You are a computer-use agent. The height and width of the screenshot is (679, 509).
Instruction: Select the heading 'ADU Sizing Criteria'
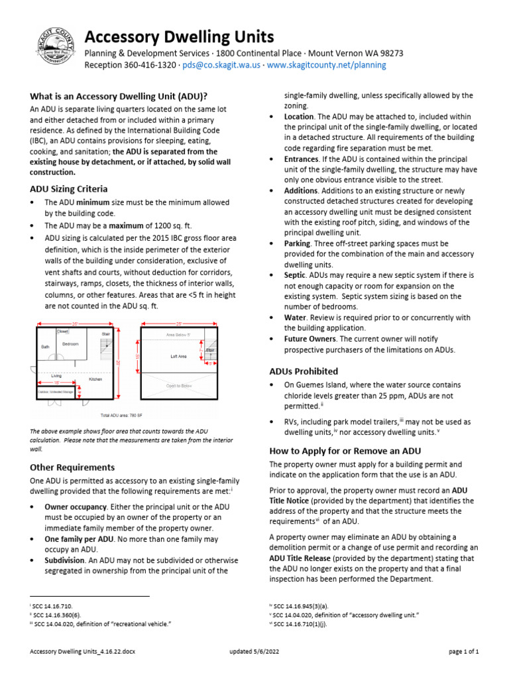[x=69, y=189]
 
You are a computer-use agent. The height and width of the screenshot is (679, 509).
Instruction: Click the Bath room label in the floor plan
[x=45, y=347]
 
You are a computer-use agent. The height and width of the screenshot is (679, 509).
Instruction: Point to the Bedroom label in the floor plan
[x=70, y=344]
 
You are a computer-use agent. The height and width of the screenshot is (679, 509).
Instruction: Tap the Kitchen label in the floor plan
[x=96, y=379]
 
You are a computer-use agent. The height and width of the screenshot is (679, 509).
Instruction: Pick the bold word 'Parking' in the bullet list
[x=297, y=243]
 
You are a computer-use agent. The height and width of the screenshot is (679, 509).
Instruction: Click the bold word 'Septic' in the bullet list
[x=295, y=275]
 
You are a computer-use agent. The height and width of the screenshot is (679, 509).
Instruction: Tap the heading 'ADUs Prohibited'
[x=304, y=371]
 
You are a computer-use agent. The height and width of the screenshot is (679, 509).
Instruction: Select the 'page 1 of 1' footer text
[x=463, y=652]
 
